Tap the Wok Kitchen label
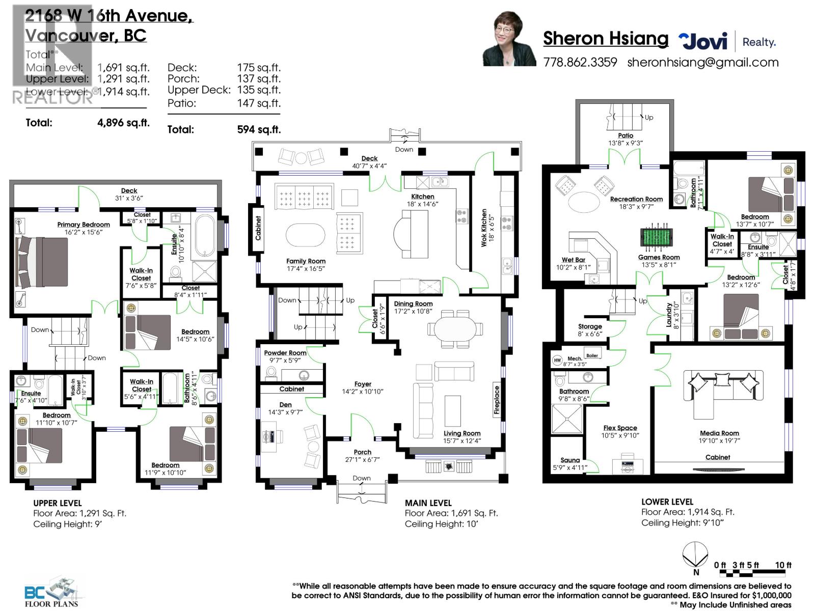point(484,228)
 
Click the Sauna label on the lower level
point(570,460)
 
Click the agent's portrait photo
point(509,40)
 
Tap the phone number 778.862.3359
point(580,63)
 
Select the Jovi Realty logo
point(726,41)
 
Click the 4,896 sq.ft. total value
point(123,123)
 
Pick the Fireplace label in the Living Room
point(497,400)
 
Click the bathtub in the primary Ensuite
point(206,236)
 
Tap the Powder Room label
point(285,353)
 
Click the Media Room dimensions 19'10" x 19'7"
point(719,441)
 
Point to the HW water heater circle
point(557,360)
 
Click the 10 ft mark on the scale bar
point(783,565)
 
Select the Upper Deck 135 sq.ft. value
point(259,90)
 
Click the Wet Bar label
point(574,260)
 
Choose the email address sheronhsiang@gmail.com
point(702,63)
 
